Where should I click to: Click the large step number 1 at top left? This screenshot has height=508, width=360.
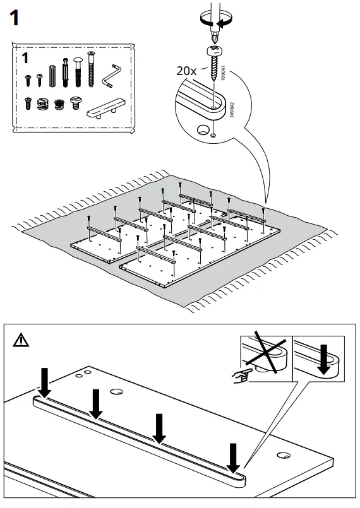pos(15,18)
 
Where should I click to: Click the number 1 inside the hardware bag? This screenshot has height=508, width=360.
pos(25,58)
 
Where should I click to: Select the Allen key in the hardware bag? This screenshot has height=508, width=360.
pos(112,76)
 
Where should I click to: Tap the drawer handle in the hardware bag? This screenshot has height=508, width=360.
pos(105,109)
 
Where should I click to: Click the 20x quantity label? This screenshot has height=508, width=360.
pos(186,71)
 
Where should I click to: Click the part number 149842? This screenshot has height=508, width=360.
pos(232,110)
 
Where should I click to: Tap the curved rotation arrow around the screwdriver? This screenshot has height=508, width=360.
pos(217,19)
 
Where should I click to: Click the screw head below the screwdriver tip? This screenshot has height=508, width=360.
pos(213,51)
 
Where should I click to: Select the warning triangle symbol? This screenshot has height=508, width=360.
pos(21,340)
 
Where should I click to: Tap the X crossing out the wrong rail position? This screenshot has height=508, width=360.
pos(266,352)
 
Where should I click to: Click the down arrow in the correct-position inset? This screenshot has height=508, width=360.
pos(323,359)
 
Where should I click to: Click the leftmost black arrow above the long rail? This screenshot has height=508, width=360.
pos(44,382)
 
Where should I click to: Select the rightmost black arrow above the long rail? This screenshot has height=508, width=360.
pos(233,458)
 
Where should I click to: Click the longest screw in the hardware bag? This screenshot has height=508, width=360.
pos(91,69)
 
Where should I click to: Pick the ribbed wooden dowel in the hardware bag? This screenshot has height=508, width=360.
pos(52,76)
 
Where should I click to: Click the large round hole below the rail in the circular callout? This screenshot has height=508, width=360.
pos(203,129)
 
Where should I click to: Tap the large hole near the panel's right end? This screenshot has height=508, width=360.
pos(284,455)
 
